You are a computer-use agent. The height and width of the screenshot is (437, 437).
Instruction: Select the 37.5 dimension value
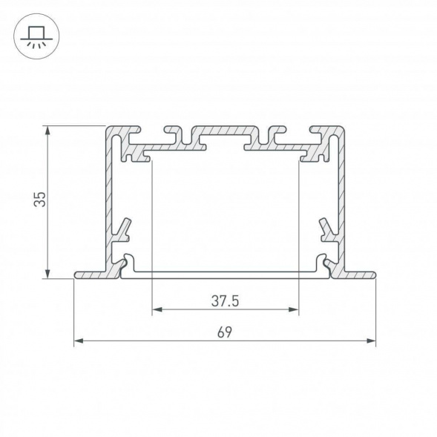coord(225,301)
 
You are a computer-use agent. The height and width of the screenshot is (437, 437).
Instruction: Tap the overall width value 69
coord(224,332)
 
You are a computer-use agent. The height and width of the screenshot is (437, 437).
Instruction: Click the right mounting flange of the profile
coord(359,275)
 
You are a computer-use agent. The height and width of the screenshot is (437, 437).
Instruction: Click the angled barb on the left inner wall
coord(125,227)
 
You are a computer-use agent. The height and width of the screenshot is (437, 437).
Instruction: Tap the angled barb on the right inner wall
coord(326,227)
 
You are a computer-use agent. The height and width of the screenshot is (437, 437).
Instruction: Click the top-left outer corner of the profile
coord(108,128)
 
